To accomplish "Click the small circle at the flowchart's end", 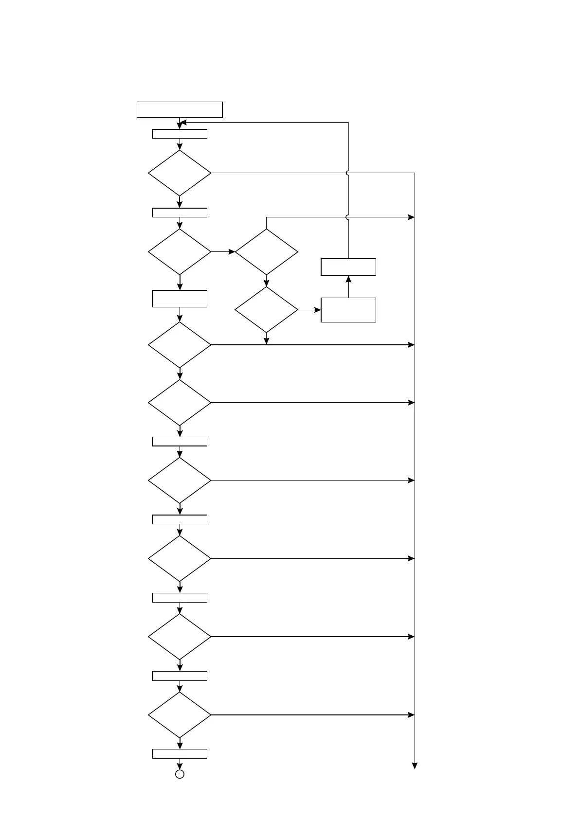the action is [x=180, y=774].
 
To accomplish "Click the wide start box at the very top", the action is [x=180, y=109].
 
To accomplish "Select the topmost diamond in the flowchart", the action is [x=180, y=173].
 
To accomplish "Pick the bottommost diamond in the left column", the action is [x=180, y=715].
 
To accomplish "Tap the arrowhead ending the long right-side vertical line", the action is [x=415, y=766].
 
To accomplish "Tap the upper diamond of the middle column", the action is [x=266, y=252].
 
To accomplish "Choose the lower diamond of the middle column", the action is [x=266, y=310].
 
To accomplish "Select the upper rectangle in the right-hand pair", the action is [x=348, y=267].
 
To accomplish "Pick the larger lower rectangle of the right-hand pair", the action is [x=348, y=310].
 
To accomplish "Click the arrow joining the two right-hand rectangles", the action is [x=348, y=286].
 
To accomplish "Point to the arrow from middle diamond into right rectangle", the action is [x=309, y=310].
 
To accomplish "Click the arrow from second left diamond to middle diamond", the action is [x=223, y=252].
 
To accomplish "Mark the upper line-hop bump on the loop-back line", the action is [x=348, y=173].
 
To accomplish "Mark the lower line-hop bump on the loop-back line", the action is [x=348, y=217].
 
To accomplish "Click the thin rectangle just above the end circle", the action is [x=180, y=753].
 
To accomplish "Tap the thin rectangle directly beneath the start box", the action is [x=180, y=134].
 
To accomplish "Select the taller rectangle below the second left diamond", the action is [x=180, y=299].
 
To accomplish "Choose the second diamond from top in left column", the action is [x=180, y=252].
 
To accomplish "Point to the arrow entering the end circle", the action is [x=180, y=764].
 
